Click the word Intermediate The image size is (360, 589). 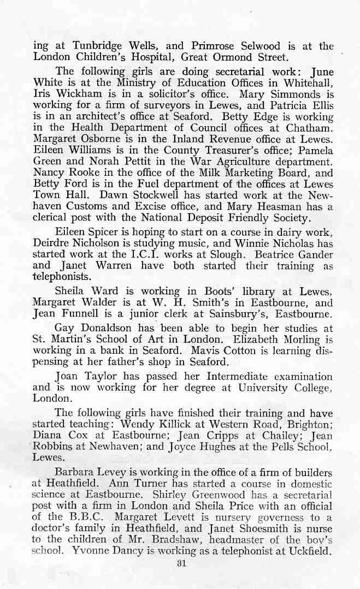(x=241, y=377)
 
